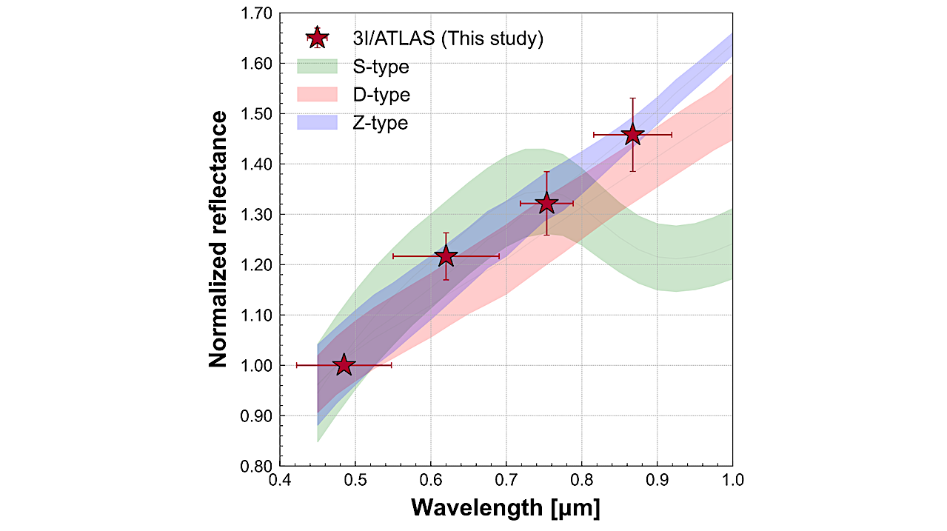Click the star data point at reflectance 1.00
tap(344, 365)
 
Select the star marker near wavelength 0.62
tap(446, 256)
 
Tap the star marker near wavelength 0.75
tap(546, 203)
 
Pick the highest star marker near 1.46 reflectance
tap(632, 135)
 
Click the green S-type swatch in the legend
tap(317, 67)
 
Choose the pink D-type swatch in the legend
tap(317, 95)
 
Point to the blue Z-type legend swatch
tap(317, 123)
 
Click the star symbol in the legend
tap(317, 38)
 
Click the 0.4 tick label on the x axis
tap(280, 481)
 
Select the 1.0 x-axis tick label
tap(732, 481)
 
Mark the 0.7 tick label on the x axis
tap(506, 481)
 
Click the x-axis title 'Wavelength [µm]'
tap(506, 509)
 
